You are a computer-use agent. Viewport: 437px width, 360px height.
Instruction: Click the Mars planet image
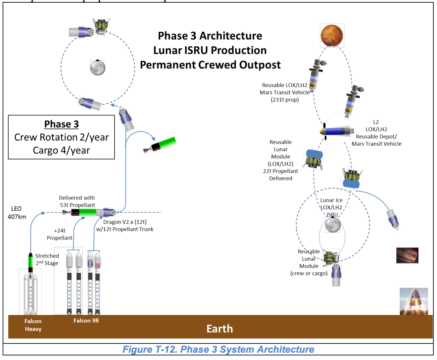click(332, 35)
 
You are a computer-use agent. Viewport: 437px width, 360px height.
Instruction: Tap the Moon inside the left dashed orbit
click(98, 68)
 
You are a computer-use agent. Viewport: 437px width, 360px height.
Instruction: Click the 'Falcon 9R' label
click(86, 321)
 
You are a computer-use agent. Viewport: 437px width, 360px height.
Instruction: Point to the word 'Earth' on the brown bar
click(219, 329)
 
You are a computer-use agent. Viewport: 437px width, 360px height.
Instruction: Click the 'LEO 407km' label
click(17, 213)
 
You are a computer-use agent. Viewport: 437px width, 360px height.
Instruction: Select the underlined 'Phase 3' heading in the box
click(62, 124)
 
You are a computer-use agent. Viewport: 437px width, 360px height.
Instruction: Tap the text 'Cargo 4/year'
click(61, 150)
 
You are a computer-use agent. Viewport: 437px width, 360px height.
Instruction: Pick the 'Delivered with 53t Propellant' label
click(77, 202)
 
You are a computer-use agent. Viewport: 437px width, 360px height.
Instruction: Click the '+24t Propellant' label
click(60, 234)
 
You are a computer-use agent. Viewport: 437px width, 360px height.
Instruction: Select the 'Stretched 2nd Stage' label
click(47, 259)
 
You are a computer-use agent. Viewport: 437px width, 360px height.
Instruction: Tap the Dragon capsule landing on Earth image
click(414, 301)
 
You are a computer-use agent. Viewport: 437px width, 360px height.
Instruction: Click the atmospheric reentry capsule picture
click(407, 255)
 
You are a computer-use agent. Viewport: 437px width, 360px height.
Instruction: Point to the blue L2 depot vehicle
click(336, 131)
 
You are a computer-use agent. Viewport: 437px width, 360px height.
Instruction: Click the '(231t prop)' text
click(285, 100)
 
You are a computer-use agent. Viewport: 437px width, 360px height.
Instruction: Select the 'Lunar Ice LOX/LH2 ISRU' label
click(331, 207)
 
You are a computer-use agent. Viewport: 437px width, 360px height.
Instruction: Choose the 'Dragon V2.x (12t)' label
click(125, 222)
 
